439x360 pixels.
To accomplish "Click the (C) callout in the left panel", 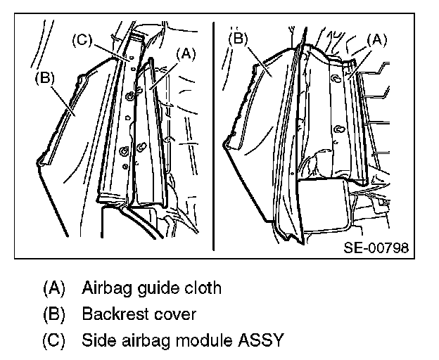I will [82, 41].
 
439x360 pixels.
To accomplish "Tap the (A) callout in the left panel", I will [186, 52].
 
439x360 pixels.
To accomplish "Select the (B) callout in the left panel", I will [44, 79].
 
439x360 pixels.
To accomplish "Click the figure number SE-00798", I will [376, 248].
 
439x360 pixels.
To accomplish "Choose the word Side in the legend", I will [97, 341].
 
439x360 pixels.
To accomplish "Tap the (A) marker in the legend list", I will [54, 288].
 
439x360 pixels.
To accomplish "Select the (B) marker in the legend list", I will [54, 314].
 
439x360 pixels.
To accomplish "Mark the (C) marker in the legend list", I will [54, 341].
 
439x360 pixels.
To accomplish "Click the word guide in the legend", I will [156, 288].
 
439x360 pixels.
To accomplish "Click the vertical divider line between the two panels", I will [213, 141].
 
